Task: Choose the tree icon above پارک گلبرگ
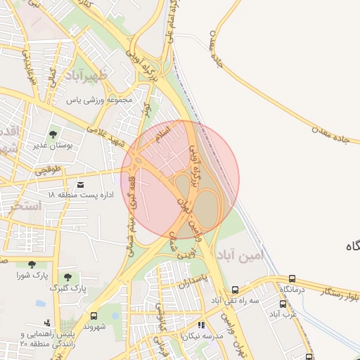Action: [x=67, y=278]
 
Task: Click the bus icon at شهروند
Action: [x=94, y=316]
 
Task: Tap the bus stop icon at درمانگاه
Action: [x=291, y=278]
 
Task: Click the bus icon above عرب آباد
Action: [x=283, y=304]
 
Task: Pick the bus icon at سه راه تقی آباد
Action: [x=235, y=290]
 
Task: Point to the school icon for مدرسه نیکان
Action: [x=202, y=326]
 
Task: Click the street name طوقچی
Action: [x=47, y=169]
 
